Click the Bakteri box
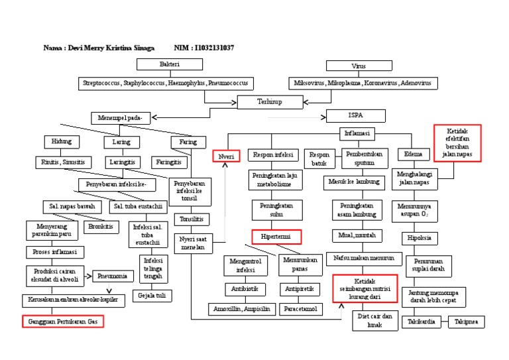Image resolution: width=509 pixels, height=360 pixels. [169, 65]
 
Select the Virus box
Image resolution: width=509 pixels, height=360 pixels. [359, 66]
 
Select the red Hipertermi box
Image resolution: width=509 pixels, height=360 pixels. [276, 236]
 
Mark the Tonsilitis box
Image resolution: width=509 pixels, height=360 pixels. [192, 219]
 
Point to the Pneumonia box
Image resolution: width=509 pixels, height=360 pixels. [113, 276]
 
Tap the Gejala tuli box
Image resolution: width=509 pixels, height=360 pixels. [150, 295]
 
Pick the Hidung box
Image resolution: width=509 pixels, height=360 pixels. [61, 142]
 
